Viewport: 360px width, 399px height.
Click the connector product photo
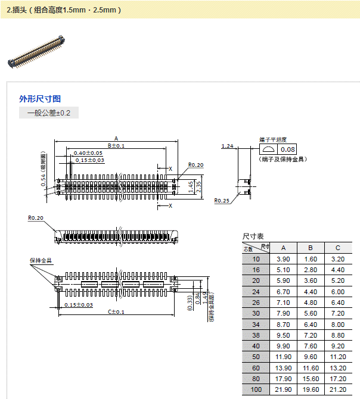point(36,51)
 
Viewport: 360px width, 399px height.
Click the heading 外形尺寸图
point(40,99)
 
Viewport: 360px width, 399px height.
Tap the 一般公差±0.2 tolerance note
point(49,113)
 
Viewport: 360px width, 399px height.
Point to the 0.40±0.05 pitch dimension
point(88,153)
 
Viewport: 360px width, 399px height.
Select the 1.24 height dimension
point(227,146)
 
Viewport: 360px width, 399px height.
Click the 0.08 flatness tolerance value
point(288,149)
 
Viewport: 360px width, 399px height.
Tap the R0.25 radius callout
point(222,201)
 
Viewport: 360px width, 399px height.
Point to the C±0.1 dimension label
point(116,311)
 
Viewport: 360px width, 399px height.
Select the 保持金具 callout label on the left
point(41,260)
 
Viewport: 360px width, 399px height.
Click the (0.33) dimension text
point(190,303)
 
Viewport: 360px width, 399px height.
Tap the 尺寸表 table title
point(253,236)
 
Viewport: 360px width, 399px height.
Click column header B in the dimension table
point(311,248)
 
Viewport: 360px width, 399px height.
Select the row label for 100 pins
point(256,389)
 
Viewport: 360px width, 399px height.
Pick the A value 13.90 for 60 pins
point(284,367)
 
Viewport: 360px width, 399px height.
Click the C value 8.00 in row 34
point(337,324)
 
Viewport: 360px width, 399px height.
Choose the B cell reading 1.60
point(311,259)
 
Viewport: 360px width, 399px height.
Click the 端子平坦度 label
point(274,139)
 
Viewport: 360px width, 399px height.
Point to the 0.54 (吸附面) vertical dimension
point(44,177)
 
